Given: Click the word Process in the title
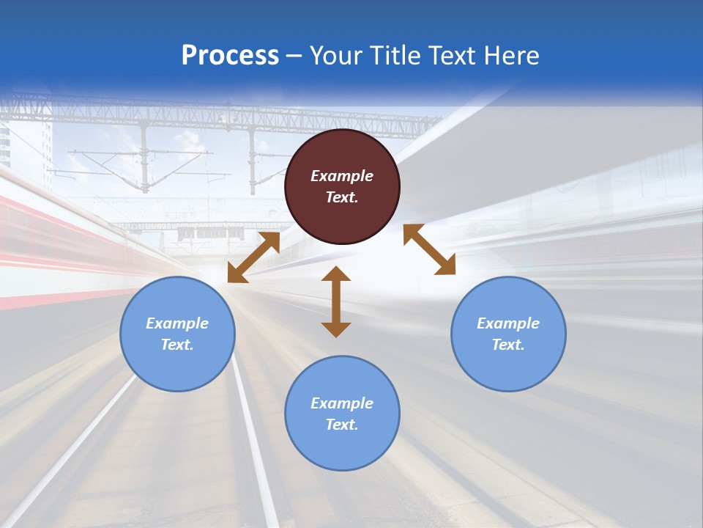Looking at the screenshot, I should pyautogui.click(x=230, y=56).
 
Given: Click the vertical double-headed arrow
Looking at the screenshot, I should pyautogui.click(x=336, y=302).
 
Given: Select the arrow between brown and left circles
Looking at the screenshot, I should pyautogui.click(x=253, y=257).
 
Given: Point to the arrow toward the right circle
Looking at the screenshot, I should pyautogui.click(x=429, y=249).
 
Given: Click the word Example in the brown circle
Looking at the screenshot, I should pyautogui.click(x=342, y=176).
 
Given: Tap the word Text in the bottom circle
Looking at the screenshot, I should pyautogui.click(x=342, y=425).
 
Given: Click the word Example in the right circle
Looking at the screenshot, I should pyautogui.click(x=508, y=323).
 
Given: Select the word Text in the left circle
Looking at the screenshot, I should pyautogui.click(x=177, y=345).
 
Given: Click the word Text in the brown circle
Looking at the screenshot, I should pyautogui.click(x=342, y=197).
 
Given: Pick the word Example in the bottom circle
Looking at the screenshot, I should pyautogui.click(x=342, y=403).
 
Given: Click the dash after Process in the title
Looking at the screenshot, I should pyautogui.click(x=294, y=56).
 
